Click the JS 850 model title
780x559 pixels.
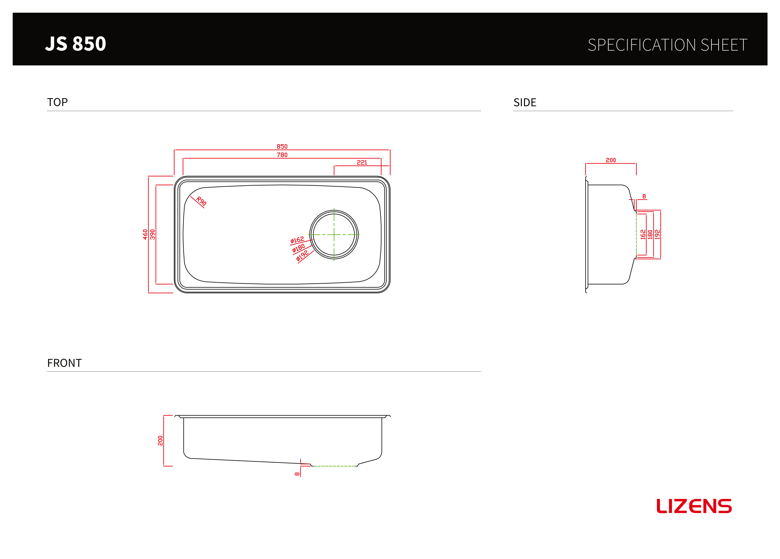76,44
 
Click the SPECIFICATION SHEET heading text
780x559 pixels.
667,45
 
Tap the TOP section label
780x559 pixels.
57,102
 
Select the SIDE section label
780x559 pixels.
525,102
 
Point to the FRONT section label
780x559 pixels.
64,363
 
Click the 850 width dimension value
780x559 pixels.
282,147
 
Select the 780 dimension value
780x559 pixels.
282,155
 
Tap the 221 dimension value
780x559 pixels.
362,162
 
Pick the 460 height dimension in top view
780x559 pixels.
145,234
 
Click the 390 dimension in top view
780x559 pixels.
153,234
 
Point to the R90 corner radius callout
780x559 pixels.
201,201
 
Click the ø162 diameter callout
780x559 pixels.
297,240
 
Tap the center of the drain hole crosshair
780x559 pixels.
334,235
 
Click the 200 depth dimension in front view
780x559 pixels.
160,441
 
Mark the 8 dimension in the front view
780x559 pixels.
297,474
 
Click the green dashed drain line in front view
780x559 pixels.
334,466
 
